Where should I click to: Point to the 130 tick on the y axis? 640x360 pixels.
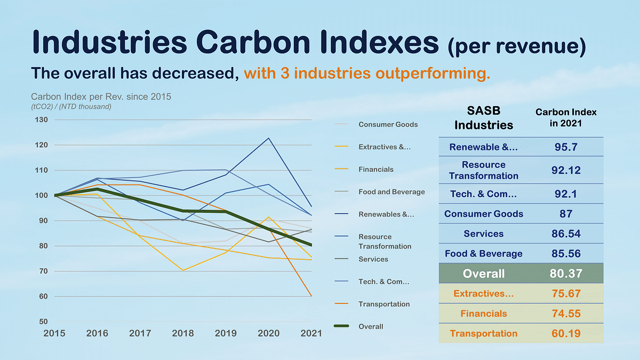coord(41,119)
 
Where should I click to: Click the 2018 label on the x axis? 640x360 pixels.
coord(183,333)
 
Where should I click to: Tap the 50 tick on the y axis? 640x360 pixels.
coord(43,321)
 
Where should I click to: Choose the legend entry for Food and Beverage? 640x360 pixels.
coord(391,191)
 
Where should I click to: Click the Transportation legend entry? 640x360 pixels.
coord(384,304)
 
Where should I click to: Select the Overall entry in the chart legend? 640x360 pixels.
coord(371,326)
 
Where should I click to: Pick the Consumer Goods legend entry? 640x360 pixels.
coord(388,124)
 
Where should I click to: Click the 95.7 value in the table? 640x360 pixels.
coord(566,147)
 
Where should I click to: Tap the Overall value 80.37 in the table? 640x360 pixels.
coord(566,274)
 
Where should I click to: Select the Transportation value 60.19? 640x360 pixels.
coord(566,334)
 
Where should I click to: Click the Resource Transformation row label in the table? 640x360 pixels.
coord(483,170)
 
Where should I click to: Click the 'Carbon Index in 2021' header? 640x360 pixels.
coord(566,117)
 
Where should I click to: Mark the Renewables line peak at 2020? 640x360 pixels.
coord(269,138)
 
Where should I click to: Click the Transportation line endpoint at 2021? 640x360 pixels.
coord(311,296)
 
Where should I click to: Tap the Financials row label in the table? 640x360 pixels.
coord(483,314)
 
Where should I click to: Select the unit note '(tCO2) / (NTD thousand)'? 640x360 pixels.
coord(71,107)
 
